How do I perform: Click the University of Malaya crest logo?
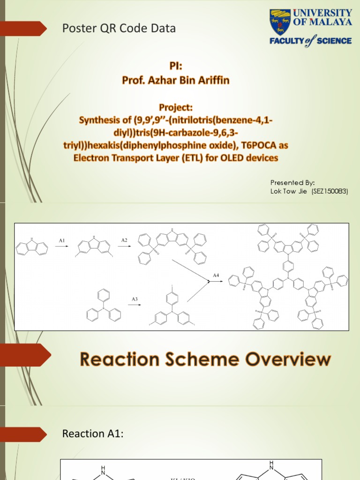coord(280,22)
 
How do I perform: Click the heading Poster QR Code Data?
coord(119,29)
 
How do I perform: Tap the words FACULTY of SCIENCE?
coord(310,41)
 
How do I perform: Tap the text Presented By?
coord(292,183)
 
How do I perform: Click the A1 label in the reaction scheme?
coord(62,240)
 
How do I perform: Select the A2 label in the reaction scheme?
coord(124,240)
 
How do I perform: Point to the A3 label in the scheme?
coord(134,299)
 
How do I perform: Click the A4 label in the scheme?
coord(216,276)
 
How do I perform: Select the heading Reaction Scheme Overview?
coord(205,360)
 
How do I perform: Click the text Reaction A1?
coord(92,434)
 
